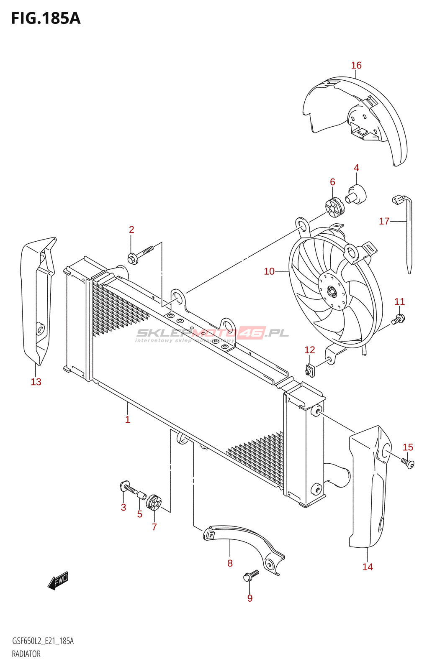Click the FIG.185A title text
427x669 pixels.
[46, 18]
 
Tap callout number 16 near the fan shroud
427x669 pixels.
[356, 65]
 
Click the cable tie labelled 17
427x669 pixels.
[409, 234]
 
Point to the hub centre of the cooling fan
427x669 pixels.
[332, 292]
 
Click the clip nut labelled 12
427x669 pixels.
[310, 370]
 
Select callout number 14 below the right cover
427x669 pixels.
[368, 567]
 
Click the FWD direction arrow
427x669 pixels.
[58, 580]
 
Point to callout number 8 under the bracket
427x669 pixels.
[230, 563]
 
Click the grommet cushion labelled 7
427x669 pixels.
[154, 502]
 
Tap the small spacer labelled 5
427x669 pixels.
[142, 496]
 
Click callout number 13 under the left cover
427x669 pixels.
[36, 382]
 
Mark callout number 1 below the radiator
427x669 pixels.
[128, 419]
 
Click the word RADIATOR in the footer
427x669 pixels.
[26, 654]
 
